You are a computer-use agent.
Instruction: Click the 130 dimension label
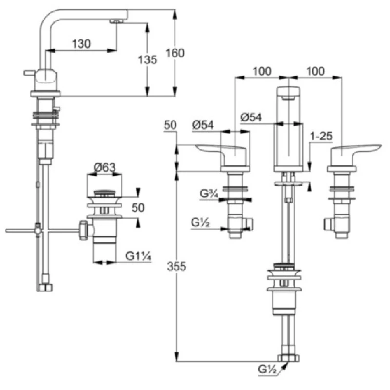[x=80, y=44]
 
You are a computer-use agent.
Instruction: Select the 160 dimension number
[x=175, y=53]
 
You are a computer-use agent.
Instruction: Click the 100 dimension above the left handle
[x=262, y=71]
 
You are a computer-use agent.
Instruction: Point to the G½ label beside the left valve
[x=201, y=223]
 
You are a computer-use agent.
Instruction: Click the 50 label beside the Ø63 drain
[x=138, y=207]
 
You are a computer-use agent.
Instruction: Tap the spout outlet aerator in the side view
[x=116, y=21]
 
